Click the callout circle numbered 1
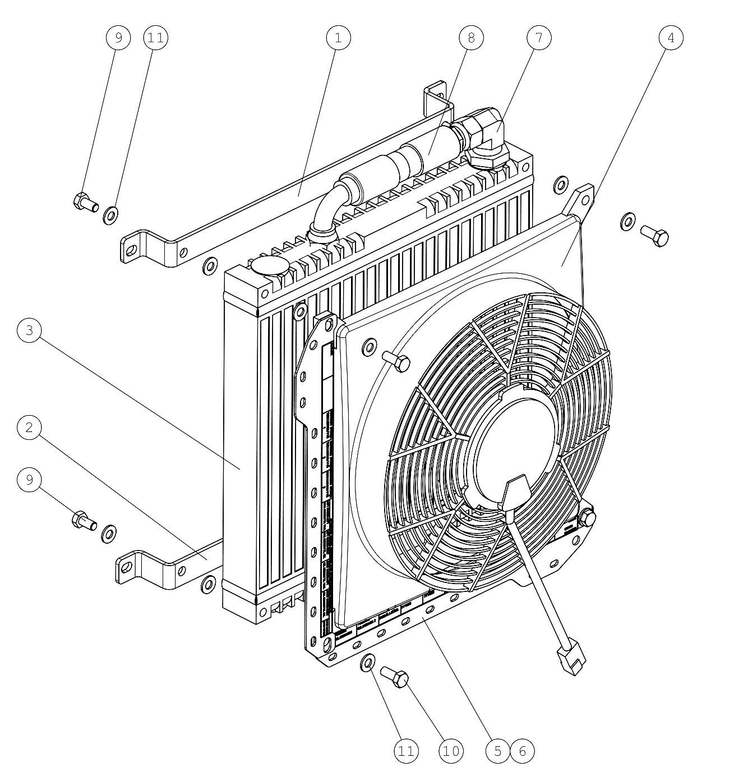338,38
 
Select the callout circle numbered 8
471,38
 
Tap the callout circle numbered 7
539,38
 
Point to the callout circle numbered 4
671,38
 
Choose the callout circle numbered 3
29,330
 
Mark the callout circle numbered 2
29,427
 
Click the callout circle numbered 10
451,751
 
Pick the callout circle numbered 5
497,751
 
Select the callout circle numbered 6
523,751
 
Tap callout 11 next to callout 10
406,751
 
